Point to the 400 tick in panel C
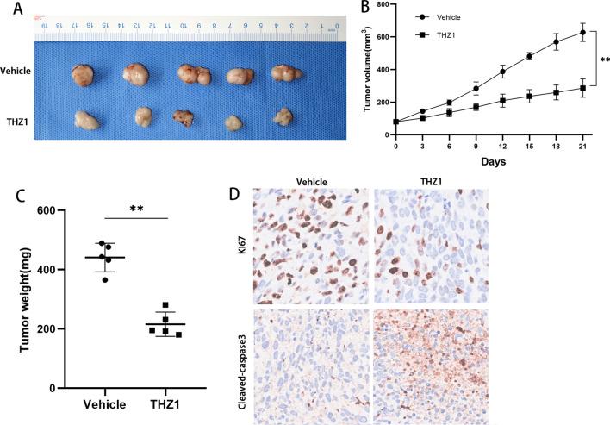click(57, 270)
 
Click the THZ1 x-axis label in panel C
click(177, 404)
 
